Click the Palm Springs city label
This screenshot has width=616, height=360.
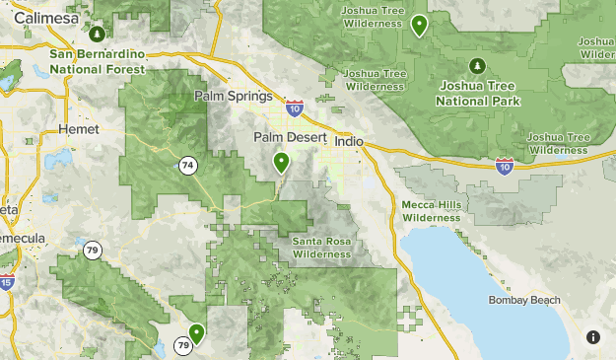(x=233, y=96)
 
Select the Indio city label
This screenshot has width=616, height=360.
(x=349, y=142)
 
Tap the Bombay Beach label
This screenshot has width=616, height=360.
(x=524, y=300)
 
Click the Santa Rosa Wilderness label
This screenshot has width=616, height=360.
(x=321, y=248)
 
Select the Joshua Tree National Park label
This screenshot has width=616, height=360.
(x=479, y=94)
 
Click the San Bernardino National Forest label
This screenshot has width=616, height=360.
(x=97, y=61)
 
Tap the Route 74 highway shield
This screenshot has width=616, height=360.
(x=187, y=166)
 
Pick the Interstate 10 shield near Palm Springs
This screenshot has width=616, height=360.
(x=294, y=104)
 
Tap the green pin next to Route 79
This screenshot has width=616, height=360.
(x=196, y=334)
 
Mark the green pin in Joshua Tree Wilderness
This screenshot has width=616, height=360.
(x=419, y=25)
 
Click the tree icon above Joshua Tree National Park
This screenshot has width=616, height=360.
(x=478, y=66)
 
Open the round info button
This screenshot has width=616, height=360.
(x=593, y=337)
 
